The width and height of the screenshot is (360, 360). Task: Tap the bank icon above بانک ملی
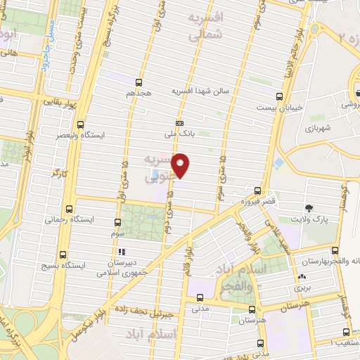coord(179,122)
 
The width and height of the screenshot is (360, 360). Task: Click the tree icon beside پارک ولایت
coord(309,207)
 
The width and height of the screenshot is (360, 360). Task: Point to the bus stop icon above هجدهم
coord(139,82)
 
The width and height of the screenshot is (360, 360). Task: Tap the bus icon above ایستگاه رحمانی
coord(69,209)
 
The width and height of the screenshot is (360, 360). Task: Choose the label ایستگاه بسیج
coord(84,266)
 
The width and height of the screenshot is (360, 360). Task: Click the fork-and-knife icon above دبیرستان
coord(121,251)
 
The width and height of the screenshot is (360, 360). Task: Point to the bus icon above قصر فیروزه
coord(256,191)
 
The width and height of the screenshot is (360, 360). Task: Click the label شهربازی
coord(318,129)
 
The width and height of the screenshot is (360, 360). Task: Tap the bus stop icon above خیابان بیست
coord(280,96)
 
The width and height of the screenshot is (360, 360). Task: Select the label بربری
coord(302,289)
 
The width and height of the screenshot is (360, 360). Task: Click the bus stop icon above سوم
coord(116,220)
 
